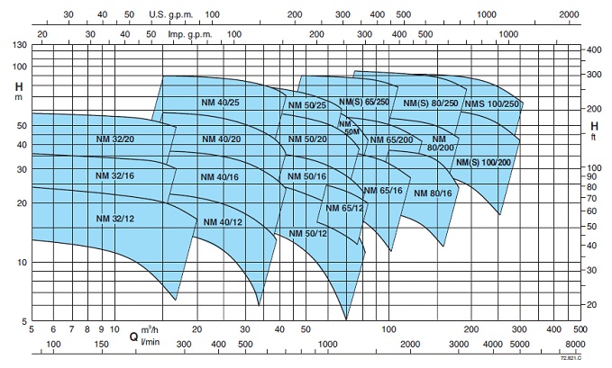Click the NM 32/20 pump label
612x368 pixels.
click(114, 139)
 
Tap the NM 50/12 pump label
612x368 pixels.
click(307, 234)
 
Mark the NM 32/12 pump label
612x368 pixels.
click(114, 220)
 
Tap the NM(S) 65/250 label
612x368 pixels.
click(363, 103)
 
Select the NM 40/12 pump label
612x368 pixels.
click(223, 222)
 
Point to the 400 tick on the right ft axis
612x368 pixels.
click(594, 50)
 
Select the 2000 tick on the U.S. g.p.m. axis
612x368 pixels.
click(569, 15)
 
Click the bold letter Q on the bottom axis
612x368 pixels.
click(132, 338)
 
